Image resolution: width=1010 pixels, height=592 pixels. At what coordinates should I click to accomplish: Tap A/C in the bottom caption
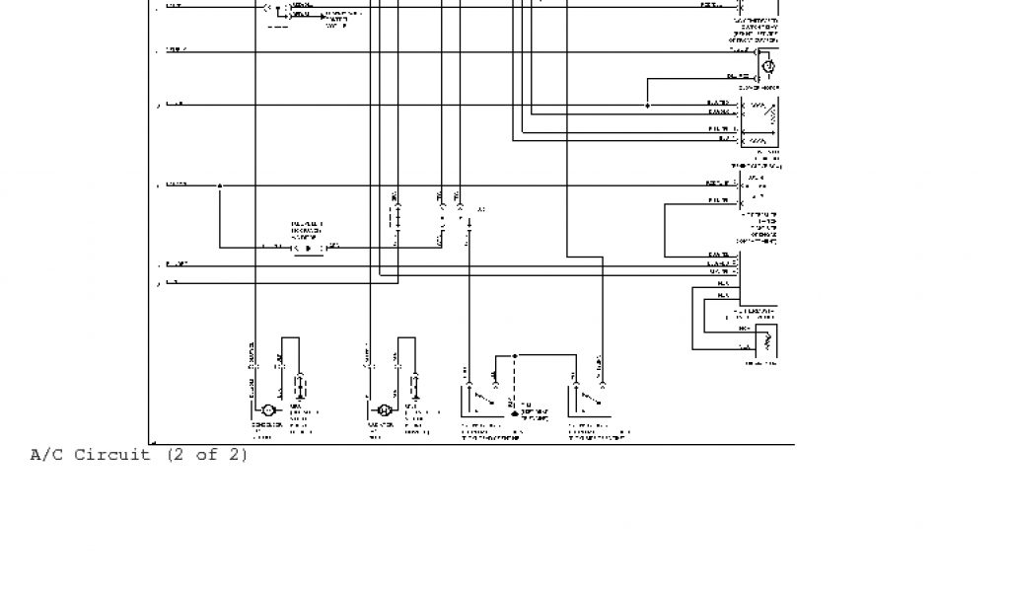(x=47, y=455)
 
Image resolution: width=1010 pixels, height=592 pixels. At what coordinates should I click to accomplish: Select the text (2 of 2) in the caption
(x=207, y=455)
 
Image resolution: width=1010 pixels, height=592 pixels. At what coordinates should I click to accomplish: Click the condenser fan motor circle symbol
(x=266, y=409)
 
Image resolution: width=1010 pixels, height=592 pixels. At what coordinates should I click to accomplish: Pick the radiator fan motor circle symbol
(x=384, y=409)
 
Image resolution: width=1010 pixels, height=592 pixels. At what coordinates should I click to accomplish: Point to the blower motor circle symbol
(x=769, y=66)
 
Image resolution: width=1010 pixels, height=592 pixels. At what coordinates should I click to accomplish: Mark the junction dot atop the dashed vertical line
(x=515, y=355)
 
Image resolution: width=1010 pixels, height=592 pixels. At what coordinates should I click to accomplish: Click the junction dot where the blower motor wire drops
(x=648, y=106)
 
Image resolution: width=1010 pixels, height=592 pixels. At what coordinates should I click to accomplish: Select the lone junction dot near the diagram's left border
(x=220, y=185)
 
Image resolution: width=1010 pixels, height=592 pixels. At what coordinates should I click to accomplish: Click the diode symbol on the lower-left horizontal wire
(x=308, y=248)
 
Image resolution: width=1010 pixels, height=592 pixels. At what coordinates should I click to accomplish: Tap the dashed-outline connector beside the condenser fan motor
(x=301, y=385)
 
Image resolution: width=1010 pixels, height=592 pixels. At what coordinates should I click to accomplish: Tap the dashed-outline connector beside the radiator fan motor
(x=415, y=385)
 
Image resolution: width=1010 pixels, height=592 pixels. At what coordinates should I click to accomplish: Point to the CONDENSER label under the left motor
(x=266, y=425)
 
